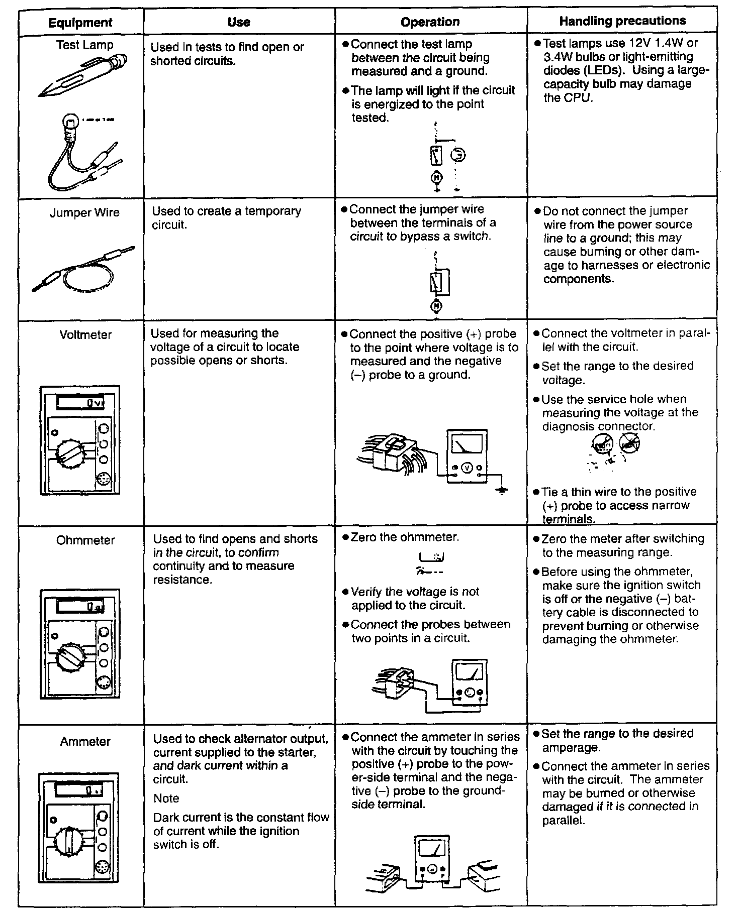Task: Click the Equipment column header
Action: click(80, 23)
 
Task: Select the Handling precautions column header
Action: click(622, 21)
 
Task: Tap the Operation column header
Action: click(430, 22)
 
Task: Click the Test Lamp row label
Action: click(85, 45)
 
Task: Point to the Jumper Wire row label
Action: click(85, 212)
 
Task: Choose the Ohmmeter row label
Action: click(85, 540)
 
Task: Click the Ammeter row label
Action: click(85, 741)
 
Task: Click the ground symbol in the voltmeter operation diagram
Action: click(501, 489)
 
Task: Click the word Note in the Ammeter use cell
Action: click(166, 798)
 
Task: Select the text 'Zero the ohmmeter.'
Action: click(405, 537)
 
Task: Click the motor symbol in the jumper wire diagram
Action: click(436, 305)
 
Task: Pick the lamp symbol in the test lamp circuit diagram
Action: click(458, 155)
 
